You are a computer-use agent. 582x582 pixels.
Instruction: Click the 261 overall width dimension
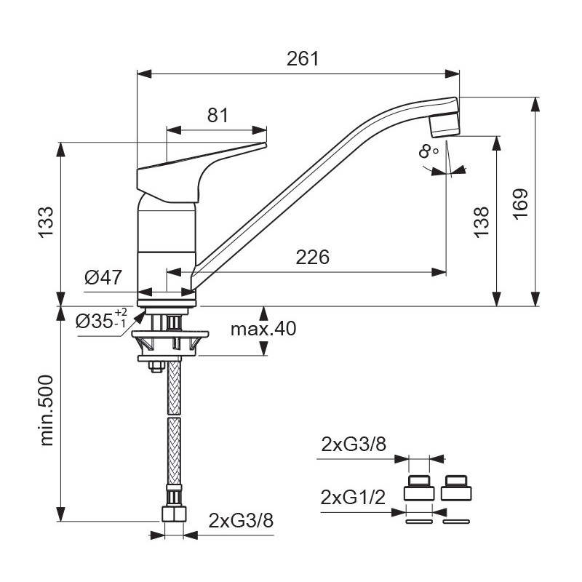[x=303, y=59]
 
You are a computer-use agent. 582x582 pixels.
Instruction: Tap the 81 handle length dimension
[x=218, y=115]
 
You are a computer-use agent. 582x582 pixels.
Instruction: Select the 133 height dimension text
[x=47, y=222]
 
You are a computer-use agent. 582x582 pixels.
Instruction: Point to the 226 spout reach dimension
[x=312, y=258]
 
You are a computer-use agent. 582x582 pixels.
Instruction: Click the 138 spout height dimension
[x=481, y=222]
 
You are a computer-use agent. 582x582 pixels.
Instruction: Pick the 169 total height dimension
[x=520, y=204]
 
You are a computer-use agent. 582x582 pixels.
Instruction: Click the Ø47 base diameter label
[x=103, y=277]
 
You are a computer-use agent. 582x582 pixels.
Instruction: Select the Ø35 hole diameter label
[x=101, y=319]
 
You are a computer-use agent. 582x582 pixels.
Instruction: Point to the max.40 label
[x=263, y=329]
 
